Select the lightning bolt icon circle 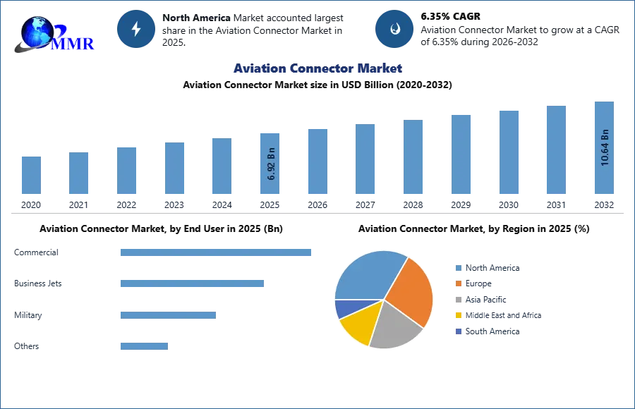pyautogui.click(x=137, y=29)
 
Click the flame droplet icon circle pyautogui.click(x=394, y=29)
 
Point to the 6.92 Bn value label pyautogui.click(x=272, y=164)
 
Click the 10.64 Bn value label pyautogui.click(x=605, y=147)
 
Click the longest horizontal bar pyautogui.click(x=217, y=254)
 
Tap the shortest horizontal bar pyautogui.click(x=144, y=345)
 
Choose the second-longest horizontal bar pyautogui.click(x=192, y=283)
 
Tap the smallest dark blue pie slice pyautogui.click(x=344, y=307)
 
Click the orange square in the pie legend pyautogui.click(x=458, y=283)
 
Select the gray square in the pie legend pyautogui.click(x=458, y=300)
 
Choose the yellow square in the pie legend pyautogui.click(x=458, y=316)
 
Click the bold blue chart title pyautogui.click(x=318, y=68)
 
